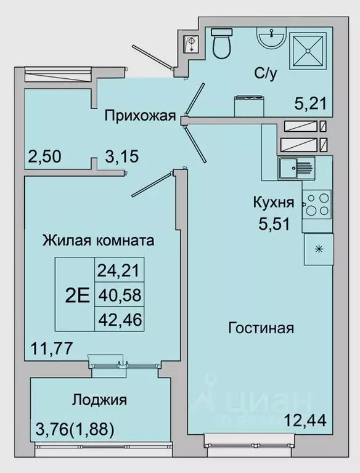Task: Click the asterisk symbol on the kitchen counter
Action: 319,249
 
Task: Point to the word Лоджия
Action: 99,400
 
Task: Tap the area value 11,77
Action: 51,349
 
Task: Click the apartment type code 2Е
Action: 76,296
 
